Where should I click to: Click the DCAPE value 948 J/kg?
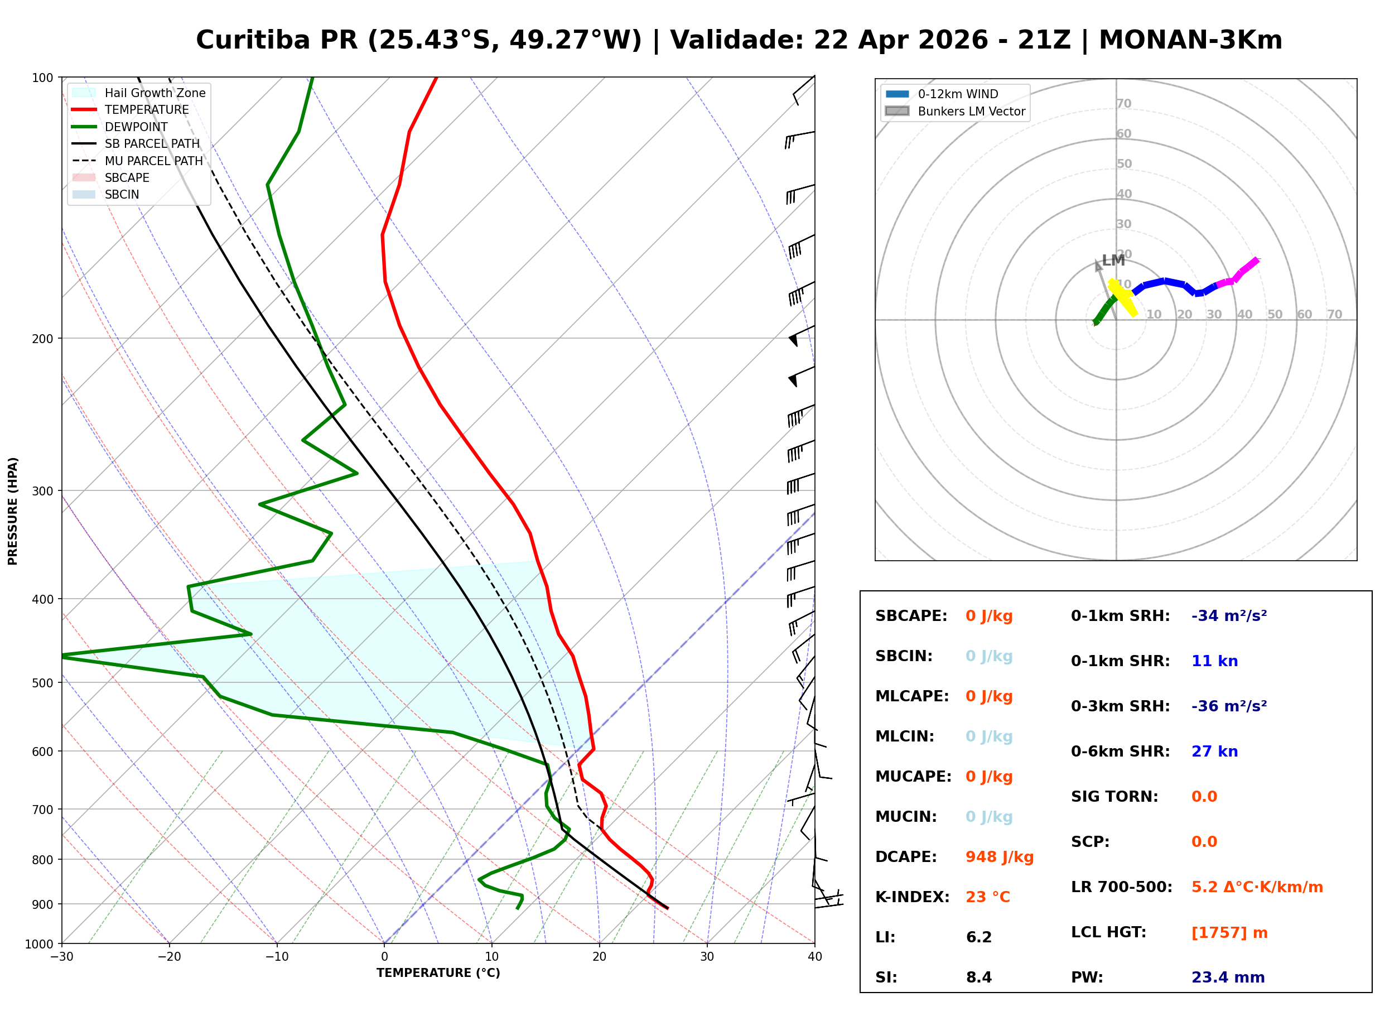click(x=999, y=856)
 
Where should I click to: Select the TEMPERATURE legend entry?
click(x=146, y=109)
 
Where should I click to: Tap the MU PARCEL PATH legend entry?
click(x=153, y=161)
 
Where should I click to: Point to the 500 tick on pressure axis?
click(x=42, y=682)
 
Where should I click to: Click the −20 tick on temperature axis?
click(x=168, y=957)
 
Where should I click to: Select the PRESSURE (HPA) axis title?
click(x=12, y=510)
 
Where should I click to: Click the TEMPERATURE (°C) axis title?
click(x=438, y=973)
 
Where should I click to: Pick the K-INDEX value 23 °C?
click(x=987, y=897)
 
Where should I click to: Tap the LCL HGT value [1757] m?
click(x=1229, y=933)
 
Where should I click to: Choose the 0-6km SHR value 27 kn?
click(x=1214, y=752)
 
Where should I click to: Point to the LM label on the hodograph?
click(x=1113, y=260)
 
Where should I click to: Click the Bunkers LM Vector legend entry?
click(x=971, y=111)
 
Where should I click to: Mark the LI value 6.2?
click(x=978, y=937)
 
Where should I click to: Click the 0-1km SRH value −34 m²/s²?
click(x=1228, y=615)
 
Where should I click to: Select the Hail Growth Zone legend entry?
click(x=155, y=93)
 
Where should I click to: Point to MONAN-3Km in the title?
click(x=1190, y=40)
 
